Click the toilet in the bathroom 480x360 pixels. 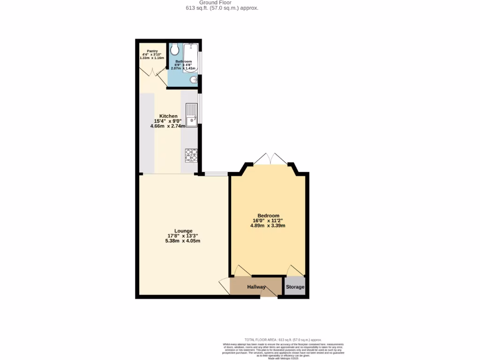coord(174,49)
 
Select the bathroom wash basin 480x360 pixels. coord(194,81)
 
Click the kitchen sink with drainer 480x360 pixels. coord(191,115)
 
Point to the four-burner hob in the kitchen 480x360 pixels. coord(191,155)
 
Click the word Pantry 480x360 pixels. coord(152,51)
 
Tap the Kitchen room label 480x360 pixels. coord(168,116)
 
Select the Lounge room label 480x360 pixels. coord(183,231)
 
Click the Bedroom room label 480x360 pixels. coord(268,216)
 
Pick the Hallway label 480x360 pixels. coord(256,287)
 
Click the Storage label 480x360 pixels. coord(295,287)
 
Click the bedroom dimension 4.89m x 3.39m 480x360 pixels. coord(268,225)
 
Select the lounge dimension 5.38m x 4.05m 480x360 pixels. coord(183,241)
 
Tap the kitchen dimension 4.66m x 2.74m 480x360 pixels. coord(168,126)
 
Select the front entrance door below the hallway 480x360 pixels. coord(269,293)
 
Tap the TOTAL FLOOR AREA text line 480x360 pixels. coord(283,339)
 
